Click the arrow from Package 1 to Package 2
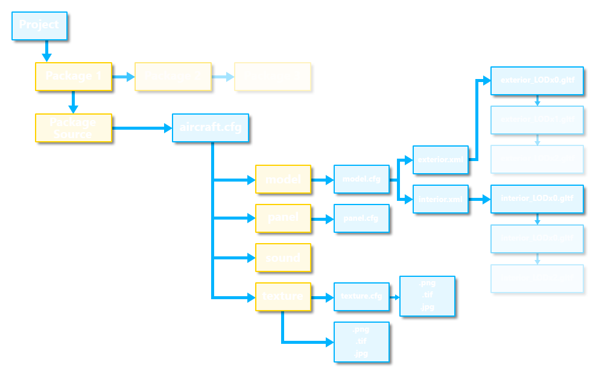coord(124,77)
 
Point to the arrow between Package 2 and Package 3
coord(223,77)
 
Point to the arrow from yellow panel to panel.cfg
coord(323,218)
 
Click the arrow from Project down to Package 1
coord(46,52)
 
